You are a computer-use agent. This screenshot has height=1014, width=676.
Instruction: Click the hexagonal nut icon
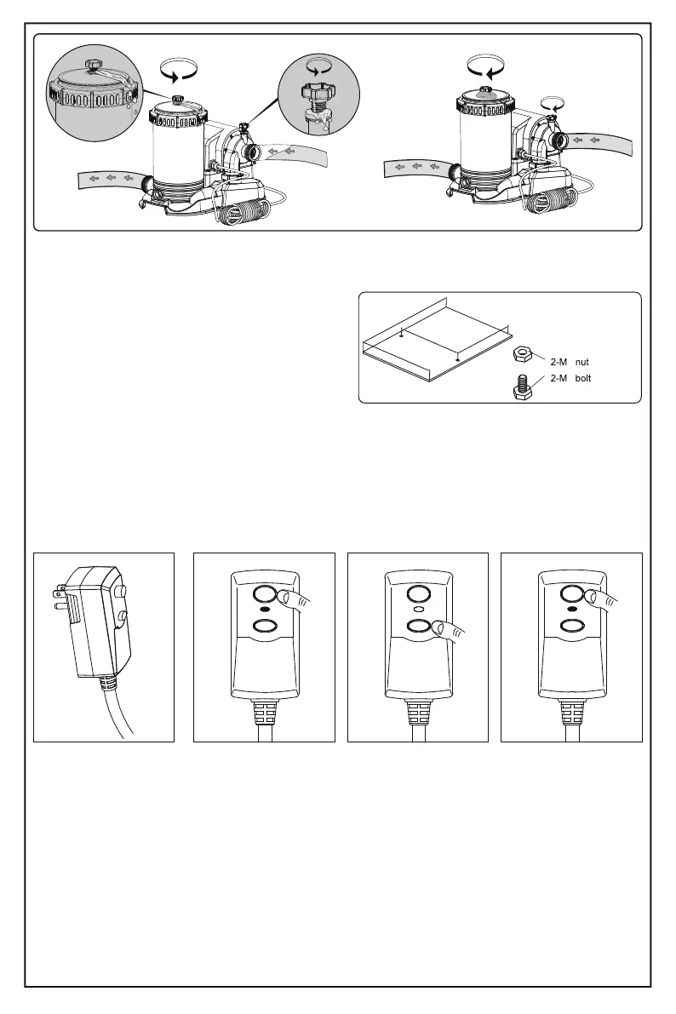(x=522, y=355)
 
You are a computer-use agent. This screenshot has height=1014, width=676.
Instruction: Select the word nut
(x=582, y=363)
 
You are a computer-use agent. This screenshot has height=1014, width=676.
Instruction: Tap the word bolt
(x=582, y=377)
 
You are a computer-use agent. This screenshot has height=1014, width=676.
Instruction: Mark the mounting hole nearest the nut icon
(x=459, y=359)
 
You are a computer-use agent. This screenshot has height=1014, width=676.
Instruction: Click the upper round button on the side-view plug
(x=121, y=588)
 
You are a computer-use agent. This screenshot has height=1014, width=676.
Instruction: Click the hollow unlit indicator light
(x=417, y=610)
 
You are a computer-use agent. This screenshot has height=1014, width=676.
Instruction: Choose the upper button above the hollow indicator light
(x=417, y=593)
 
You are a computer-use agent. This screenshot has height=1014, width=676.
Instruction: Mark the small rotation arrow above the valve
(x=556, y=104)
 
